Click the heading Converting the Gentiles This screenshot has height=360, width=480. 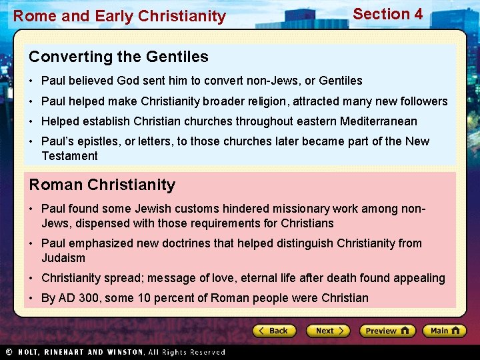click(x=119, y=57)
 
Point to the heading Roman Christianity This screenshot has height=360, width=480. click(x=102, y=185)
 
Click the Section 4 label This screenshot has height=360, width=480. click(x=387, y=14)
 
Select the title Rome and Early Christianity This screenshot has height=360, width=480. click(x=120, y=16)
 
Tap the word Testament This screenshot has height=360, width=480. click(x=69, y=156)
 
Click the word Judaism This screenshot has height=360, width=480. click(x=63, y=258)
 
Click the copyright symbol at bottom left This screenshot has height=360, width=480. click(x=9, y=352)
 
